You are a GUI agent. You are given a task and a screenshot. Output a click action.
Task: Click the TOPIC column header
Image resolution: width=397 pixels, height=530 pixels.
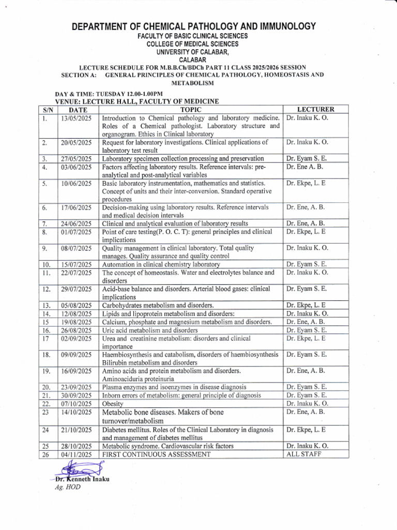point(191,110)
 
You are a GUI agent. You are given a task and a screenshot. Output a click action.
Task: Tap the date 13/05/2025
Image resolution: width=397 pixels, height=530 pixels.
point(76,118)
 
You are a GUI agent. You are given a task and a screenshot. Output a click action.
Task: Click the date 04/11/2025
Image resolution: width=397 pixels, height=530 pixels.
point(76,454)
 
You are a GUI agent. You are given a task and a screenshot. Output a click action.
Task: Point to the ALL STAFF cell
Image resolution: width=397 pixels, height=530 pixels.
point(303,454)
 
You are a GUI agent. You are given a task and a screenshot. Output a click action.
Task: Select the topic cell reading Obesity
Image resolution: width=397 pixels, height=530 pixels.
point(113,404)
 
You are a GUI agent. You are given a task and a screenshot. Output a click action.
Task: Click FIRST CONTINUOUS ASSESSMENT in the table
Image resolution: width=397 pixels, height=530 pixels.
point(157,454)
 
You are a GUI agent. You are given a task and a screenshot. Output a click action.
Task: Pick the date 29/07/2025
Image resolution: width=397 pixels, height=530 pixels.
point(76,289)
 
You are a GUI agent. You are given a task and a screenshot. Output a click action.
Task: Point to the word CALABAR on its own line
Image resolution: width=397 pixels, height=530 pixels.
point(193,60)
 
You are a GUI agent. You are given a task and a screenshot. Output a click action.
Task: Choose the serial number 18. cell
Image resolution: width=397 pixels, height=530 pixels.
point(46,355)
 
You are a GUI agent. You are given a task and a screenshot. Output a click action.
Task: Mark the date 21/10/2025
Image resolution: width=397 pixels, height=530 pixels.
point(76,430)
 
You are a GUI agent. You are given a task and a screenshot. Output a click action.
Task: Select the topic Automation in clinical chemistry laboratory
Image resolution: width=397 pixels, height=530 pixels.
point(161,264)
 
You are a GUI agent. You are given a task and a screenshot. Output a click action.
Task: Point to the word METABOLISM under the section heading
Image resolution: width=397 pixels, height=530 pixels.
point(192,83)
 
